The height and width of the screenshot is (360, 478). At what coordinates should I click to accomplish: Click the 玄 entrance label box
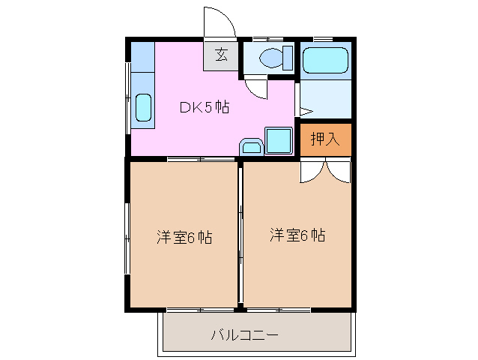[222, 55]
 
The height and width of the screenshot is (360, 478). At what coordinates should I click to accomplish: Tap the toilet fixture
[271, 57]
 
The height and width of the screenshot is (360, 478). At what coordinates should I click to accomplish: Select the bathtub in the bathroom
[326, 60]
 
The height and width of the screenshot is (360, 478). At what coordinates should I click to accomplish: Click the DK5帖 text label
[204, 107]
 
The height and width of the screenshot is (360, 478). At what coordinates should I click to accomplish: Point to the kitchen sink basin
[142, 106]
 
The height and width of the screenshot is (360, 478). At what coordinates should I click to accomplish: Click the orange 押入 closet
[326, 139]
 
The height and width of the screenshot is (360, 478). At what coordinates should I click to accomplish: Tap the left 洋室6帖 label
[184, 238]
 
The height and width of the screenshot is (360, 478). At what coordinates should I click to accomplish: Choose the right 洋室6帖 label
[297, 235]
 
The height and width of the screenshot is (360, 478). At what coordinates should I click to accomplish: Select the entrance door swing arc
[220, 22]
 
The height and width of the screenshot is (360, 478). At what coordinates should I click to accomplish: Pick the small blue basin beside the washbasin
[249, 147]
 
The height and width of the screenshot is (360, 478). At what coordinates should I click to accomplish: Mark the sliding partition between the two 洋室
[240, 232]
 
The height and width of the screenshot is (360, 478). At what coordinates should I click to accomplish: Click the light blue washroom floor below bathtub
[326, 99]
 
